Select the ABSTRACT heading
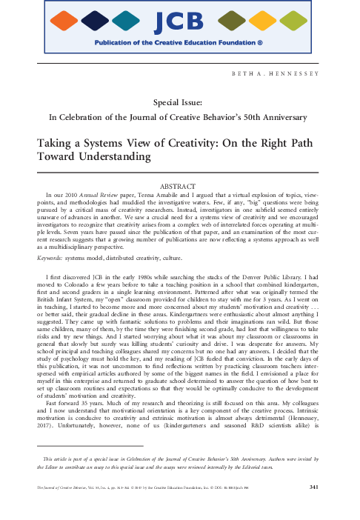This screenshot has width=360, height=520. tap(180, 183)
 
